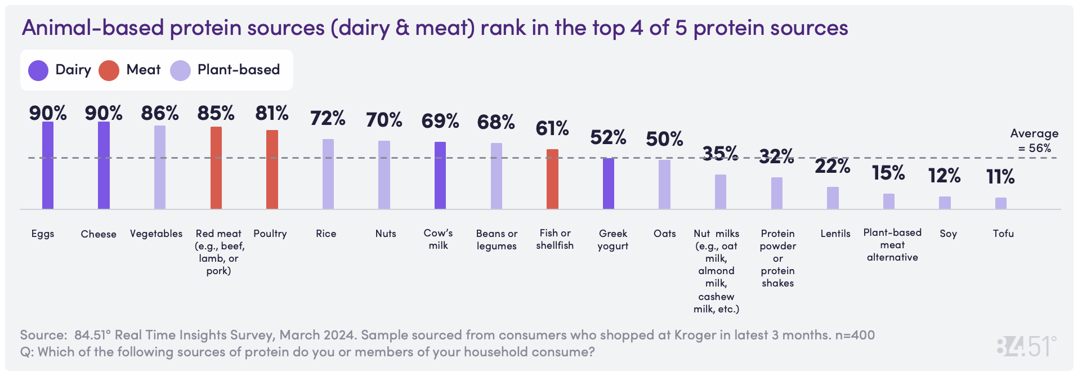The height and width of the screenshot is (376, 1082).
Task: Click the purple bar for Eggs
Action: [48, 165]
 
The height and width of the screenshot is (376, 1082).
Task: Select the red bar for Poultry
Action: [272, 169]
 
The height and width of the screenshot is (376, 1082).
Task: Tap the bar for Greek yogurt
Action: [609, 183]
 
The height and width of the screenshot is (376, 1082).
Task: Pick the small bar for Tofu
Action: [1001, 203]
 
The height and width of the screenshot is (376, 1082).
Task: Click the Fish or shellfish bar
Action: [553, 179]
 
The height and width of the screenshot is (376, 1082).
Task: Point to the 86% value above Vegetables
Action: [160, 113]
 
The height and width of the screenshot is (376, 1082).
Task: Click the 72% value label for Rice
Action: [328, 118]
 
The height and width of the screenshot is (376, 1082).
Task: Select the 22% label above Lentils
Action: [833, 166]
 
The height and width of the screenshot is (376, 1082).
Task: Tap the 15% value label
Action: [888, 173]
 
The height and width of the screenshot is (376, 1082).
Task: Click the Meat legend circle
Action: [109, 70]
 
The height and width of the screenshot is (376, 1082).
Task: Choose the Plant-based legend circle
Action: [180, 70]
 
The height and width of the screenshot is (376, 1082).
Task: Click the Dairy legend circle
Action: [38, 70]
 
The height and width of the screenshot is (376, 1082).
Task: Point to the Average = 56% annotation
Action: [1034, 141]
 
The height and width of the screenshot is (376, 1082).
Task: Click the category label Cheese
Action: [99, 234]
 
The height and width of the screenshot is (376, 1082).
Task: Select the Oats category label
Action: [665, 234]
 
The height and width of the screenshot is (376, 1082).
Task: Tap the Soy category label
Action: [948, 234]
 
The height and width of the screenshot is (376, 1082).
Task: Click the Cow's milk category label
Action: [438, 239]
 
